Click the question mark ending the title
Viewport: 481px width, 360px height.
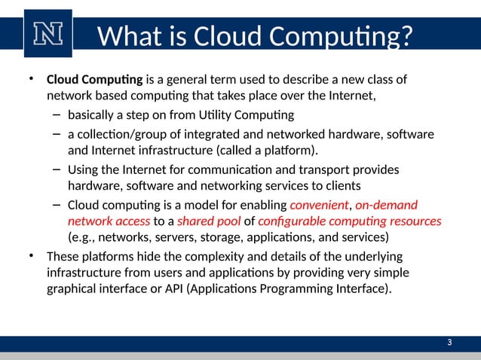405,35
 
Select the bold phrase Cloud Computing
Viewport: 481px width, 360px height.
94,80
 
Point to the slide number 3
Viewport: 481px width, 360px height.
449,343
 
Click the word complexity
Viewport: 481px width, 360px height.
201,256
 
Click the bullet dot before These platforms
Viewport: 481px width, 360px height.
32,256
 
